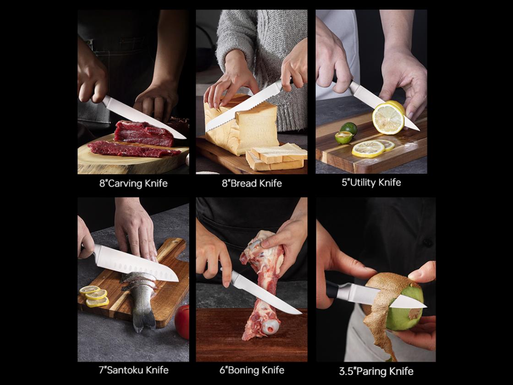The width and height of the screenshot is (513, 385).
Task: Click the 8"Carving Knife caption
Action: (133, 183)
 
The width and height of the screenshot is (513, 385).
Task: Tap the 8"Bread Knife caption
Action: (251, 183)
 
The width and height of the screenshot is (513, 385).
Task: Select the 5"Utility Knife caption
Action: (371, 182)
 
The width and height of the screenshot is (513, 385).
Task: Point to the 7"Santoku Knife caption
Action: (133, 370)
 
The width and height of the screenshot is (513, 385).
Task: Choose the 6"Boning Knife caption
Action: (251, 370)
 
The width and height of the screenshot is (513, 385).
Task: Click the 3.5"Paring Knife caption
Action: (376, 371)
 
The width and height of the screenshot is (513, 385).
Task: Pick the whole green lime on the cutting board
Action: (349, 128)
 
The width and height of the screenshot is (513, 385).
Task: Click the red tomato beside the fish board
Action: (182, 321)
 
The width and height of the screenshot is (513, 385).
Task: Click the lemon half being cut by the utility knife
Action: (388, 117)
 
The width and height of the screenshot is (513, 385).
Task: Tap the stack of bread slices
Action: (277, 157)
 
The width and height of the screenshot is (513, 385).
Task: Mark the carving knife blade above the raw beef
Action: (144, 117)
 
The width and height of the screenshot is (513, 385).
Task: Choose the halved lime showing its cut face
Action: (343, 137)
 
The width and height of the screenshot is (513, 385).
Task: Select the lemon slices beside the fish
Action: (94, 296)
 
